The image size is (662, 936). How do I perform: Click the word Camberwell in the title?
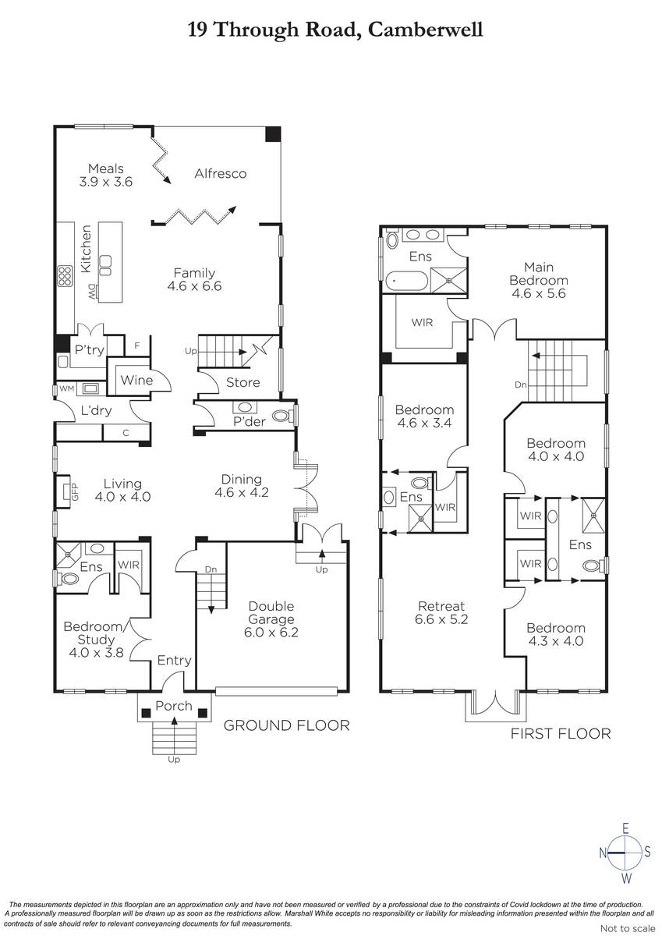(x=425, y=30)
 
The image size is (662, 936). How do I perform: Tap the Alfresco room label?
(x=221, y=173)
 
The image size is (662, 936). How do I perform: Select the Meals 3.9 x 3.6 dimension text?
(x=106, y=183)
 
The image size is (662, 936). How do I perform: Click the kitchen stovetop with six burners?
(x=65, y=276)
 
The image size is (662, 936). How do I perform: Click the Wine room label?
(x=136, y=381)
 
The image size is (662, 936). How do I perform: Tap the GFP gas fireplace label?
(x=75, y=491)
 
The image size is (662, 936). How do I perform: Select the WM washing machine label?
(x=66, y=388)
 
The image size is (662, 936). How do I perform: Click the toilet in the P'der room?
(x=282, y=416)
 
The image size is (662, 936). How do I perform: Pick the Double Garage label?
(x=271, y=612)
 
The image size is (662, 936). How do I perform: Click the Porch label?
(x=174, y=706)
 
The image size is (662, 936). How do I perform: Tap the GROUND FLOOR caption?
(x=286, y=725)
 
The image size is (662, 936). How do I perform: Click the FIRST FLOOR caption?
(x=561, y=733)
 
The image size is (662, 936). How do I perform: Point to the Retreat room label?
(x=441, y=606)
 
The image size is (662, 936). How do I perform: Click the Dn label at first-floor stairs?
(x=520, y=385)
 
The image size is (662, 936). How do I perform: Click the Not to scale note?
(x=628, y=928)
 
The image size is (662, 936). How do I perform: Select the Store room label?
(x=243, y=382)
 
